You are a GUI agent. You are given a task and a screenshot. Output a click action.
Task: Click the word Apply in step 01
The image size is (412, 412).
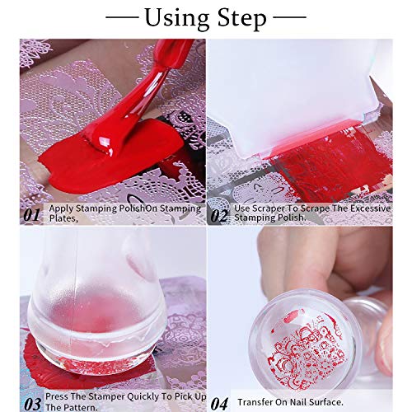(x=60, y=208)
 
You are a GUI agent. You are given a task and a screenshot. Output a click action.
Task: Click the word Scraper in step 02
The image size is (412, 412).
(x=264, y=208)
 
